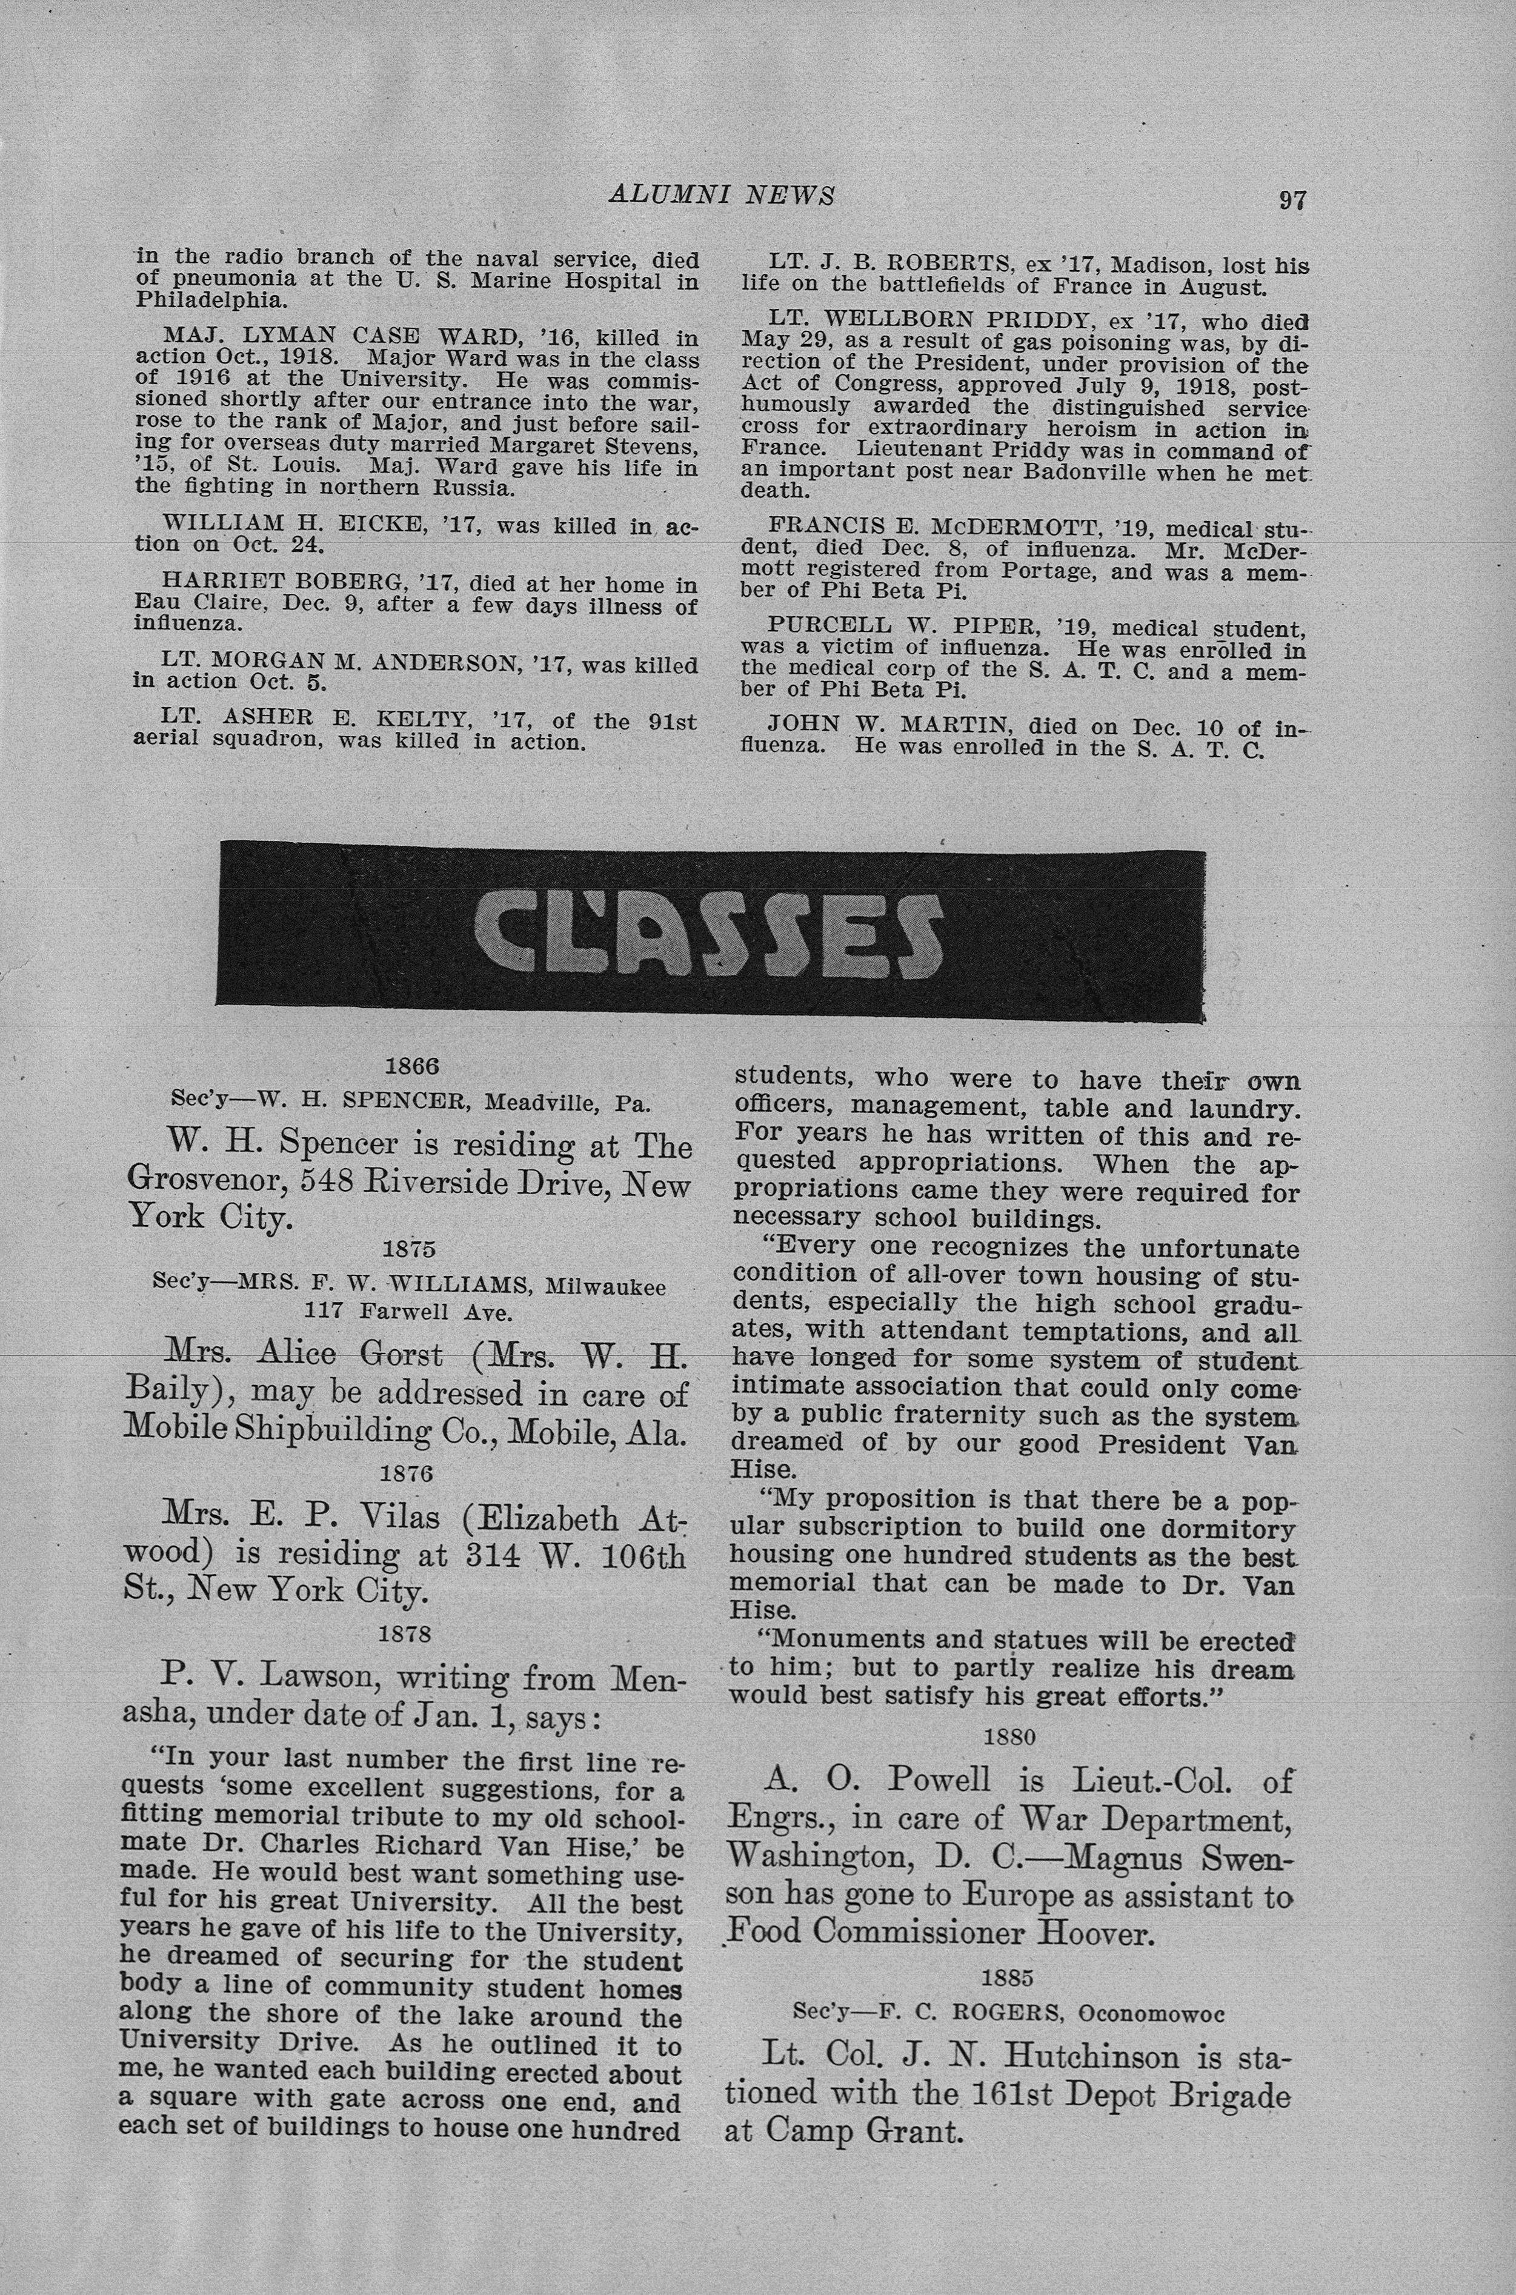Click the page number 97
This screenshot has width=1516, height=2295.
pyautogui.click(x=1292, y=200)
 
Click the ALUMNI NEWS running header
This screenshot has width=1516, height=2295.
pyautogui.click(x=721, y=195)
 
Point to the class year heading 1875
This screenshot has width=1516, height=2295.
pyautogui.click(x=410, y=1249)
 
